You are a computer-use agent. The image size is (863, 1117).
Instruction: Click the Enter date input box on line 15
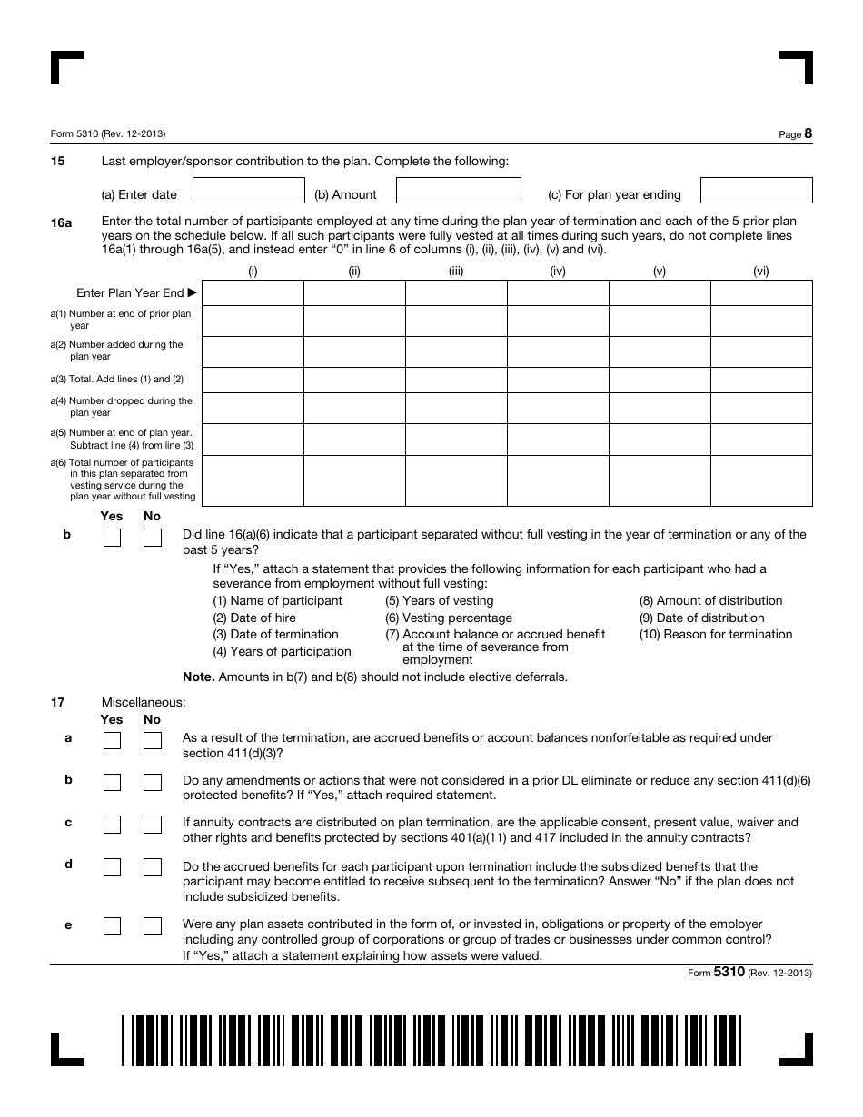point(249,191)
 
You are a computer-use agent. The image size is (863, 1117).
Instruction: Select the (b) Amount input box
point(459,191)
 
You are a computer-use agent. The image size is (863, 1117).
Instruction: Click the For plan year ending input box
point(756,191)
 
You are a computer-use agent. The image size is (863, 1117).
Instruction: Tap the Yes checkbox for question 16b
point(112,539)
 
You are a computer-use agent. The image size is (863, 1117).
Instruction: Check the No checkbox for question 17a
point(153,741)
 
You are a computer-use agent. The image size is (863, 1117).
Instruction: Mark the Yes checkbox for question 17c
point(112,825)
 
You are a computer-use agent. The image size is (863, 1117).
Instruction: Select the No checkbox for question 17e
point(153,926)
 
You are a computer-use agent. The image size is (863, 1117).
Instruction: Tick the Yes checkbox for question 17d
point(112,868)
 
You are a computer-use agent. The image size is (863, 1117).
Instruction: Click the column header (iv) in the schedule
point(558,271)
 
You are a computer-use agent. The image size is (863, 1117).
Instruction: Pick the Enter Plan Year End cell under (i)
point(253,292)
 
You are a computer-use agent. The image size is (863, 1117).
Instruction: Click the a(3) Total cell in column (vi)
point(761,380)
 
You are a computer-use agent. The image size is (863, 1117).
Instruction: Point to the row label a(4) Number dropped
point(122,406)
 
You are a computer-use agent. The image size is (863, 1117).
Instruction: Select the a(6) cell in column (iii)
point(456,480)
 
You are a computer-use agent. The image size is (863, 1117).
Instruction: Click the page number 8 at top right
point(808,133)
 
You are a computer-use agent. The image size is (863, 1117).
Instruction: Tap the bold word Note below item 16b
point(197,677)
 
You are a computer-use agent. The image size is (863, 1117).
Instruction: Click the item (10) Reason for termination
point(716,634)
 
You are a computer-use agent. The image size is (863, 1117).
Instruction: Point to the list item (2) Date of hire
point(254,618)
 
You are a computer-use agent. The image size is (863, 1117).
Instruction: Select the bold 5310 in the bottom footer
point(729,971)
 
